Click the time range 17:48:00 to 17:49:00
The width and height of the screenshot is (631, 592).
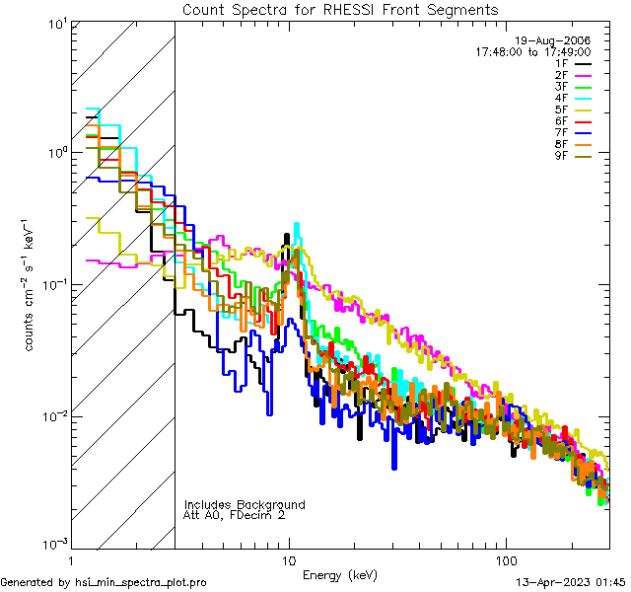[535, 51]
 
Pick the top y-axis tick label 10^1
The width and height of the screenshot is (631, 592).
[55, 24]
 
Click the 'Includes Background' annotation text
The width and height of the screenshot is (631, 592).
[245, 504]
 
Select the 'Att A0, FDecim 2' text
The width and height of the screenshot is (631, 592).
[236, 515]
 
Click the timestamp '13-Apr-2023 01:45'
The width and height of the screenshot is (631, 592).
[570, 582]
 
